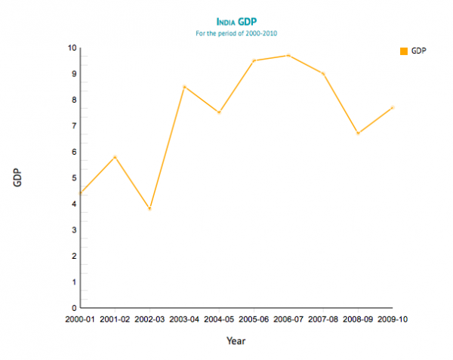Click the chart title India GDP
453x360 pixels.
pos(236,22)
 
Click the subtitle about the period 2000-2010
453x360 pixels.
pos(236,33)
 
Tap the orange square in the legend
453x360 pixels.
pos(404,51)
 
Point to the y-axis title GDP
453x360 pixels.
pos(17,177)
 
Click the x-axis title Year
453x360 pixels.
pos(236,340)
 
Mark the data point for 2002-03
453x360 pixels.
pos(149,208)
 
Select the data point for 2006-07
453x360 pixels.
pos(288,55)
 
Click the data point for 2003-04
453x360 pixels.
pos(184,87)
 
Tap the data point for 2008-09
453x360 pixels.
pos(358,133)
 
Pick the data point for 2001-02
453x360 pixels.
pos(115,157)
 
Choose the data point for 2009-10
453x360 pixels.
pos(392,107)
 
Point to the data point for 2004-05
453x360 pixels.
pos(219,112)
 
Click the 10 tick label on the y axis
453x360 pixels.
pos(72,48)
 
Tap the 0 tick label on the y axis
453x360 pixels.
pos(74,308)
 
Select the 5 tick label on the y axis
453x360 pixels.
pos(74,178)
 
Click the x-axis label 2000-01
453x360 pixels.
pos(81,319)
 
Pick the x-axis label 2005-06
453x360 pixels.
pos(254,319)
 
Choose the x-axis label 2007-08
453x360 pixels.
pos(323,319)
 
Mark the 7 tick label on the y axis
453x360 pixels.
pos(74,126)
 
